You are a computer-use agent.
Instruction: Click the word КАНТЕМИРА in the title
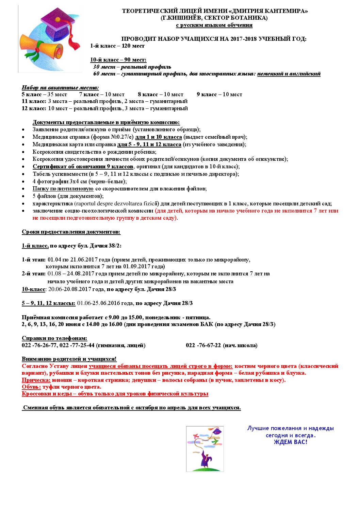[x=285, y=11]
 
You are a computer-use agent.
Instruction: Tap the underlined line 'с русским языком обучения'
[x=214, y=25]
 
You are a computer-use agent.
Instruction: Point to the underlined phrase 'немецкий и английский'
[x=289, y=74]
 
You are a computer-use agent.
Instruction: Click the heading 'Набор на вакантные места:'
[x=60, y=87]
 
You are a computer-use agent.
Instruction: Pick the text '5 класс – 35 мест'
[x=44, y=95]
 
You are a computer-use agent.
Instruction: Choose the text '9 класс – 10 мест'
[x=219, y=95]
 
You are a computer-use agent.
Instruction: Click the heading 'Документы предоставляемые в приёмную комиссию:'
[x=106, y=122]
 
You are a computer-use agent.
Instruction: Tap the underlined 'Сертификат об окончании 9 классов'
[x=83, y=167]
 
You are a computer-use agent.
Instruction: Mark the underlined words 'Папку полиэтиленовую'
[x=63, y=189]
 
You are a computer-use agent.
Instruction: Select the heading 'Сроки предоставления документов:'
[x=71, y=232]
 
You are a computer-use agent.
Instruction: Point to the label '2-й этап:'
[x=33, y=274]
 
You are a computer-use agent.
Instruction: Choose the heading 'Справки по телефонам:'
[x=54, y=338]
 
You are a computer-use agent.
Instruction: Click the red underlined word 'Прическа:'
[x=36, y=380]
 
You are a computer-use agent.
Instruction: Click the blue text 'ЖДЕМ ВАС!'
[x=290, y=442]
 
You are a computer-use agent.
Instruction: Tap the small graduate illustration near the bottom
[x=205, y=449]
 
